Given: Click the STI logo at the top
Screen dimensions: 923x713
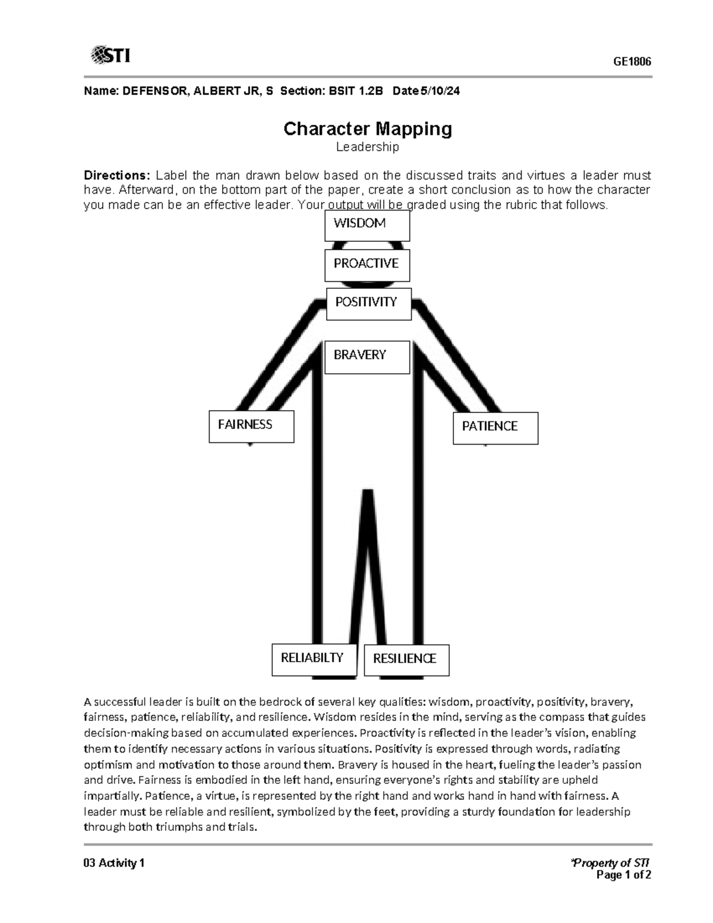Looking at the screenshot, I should [111, 56].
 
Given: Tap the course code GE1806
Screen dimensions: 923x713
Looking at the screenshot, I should [632, 62].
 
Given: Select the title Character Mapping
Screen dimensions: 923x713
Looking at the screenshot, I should [367, 129].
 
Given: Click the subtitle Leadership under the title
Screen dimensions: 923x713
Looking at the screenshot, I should [367, 147].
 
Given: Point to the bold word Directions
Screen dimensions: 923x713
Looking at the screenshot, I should [116, 175].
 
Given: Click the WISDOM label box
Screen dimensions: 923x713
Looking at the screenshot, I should [367, 226].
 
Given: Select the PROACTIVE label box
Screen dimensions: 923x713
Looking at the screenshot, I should [367, 265].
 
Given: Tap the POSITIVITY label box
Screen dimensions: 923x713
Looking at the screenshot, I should [368, 304].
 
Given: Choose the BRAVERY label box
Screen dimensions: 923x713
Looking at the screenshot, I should [367, 357].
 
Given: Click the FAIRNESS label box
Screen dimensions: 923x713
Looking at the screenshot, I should [251, 426].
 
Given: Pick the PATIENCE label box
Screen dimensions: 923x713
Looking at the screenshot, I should [495, 428].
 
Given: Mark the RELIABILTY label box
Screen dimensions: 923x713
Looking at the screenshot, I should [314, 660].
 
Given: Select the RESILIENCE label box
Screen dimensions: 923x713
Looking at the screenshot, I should [406, 660].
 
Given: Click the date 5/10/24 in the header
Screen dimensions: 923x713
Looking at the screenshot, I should [440, 92].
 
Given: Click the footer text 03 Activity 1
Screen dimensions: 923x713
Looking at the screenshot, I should [114, 863].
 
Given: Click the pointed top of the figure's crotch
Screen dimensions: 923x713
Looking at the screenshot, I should [368, 492].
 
